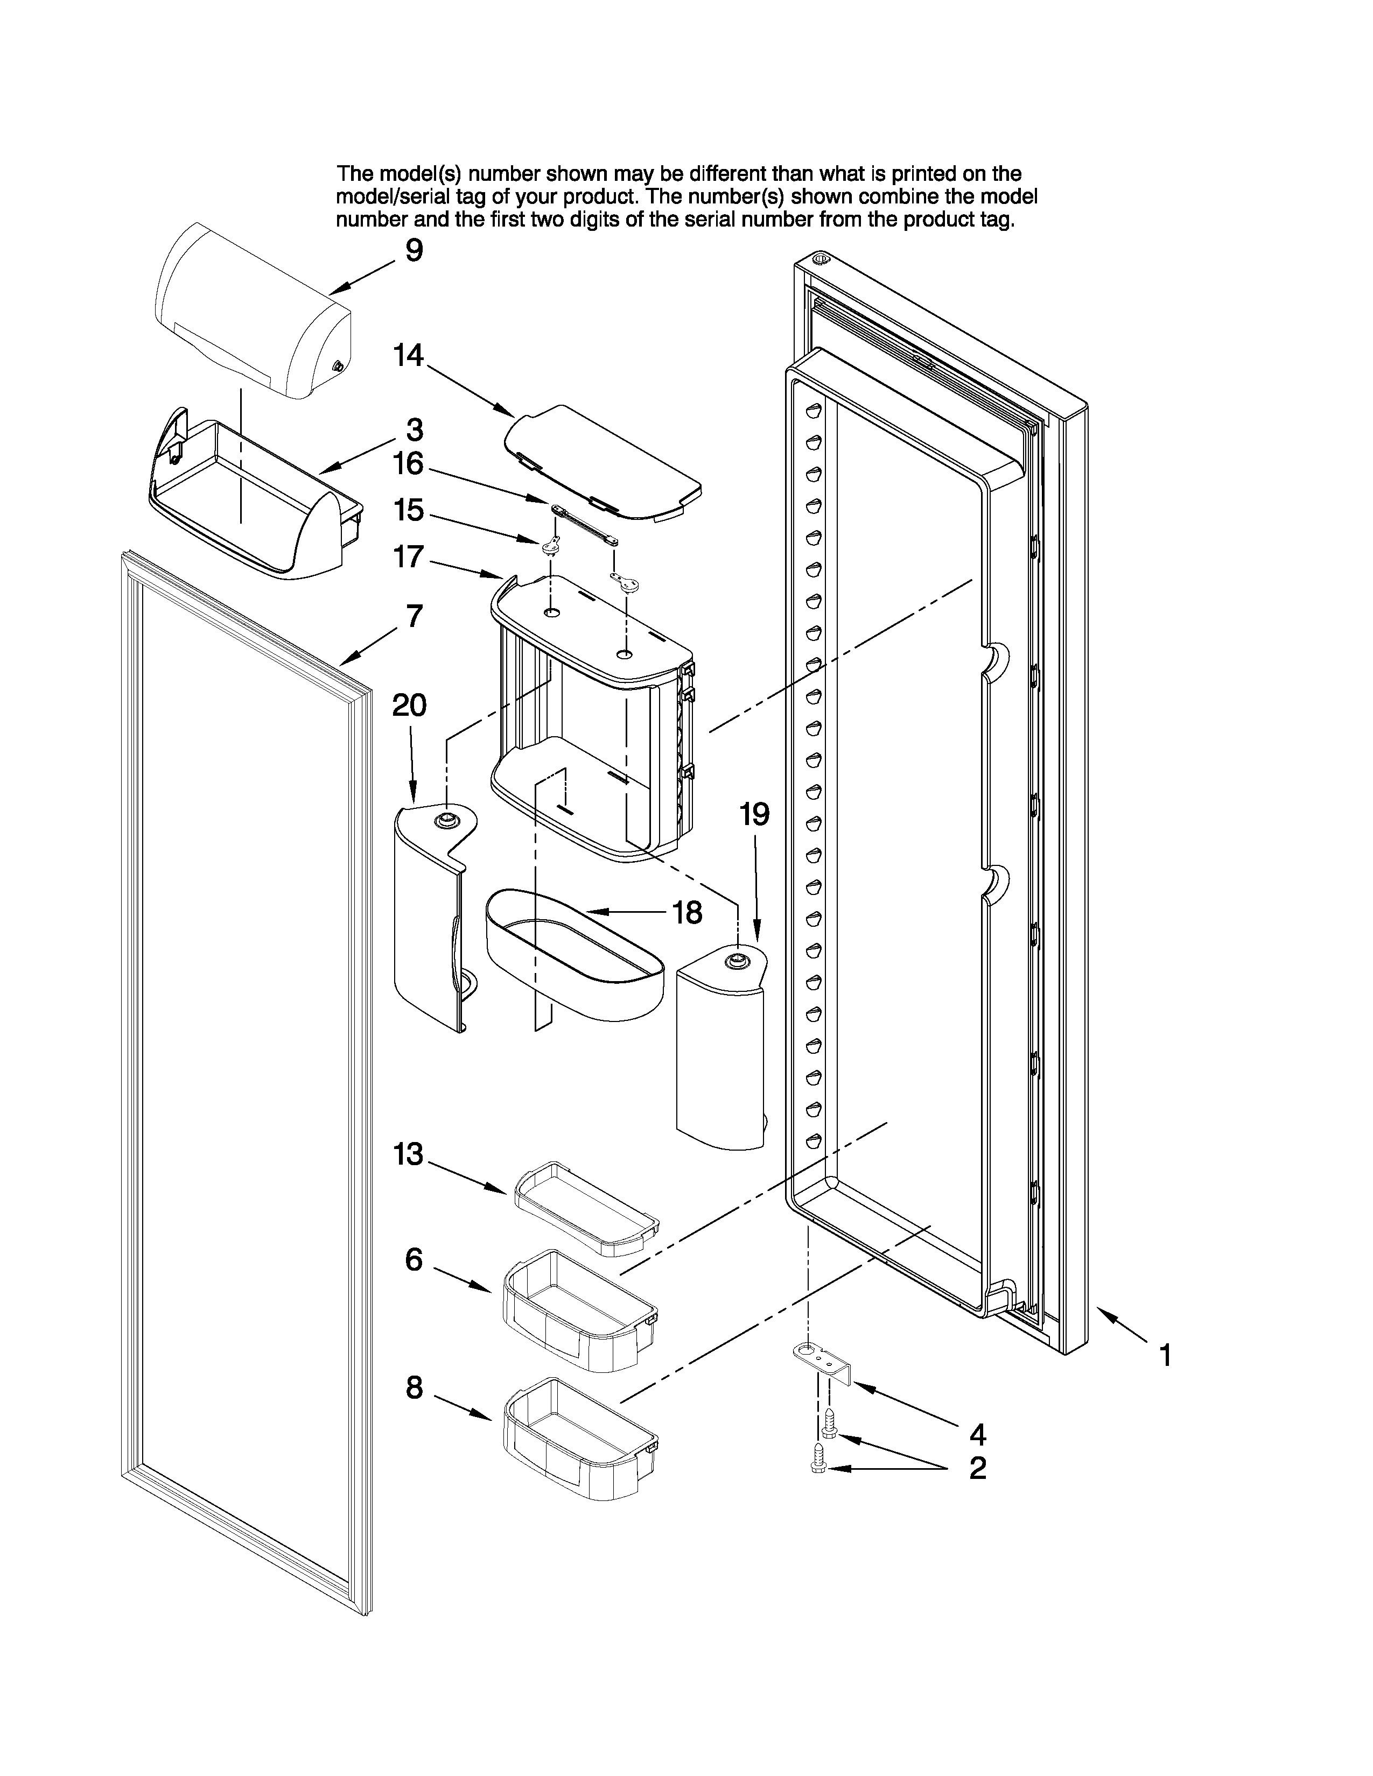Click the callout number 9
pos(414,250)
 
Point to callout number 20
pos(409,705)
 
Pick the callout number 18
pos(688,912)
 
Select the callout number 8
pos(414,1387)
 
